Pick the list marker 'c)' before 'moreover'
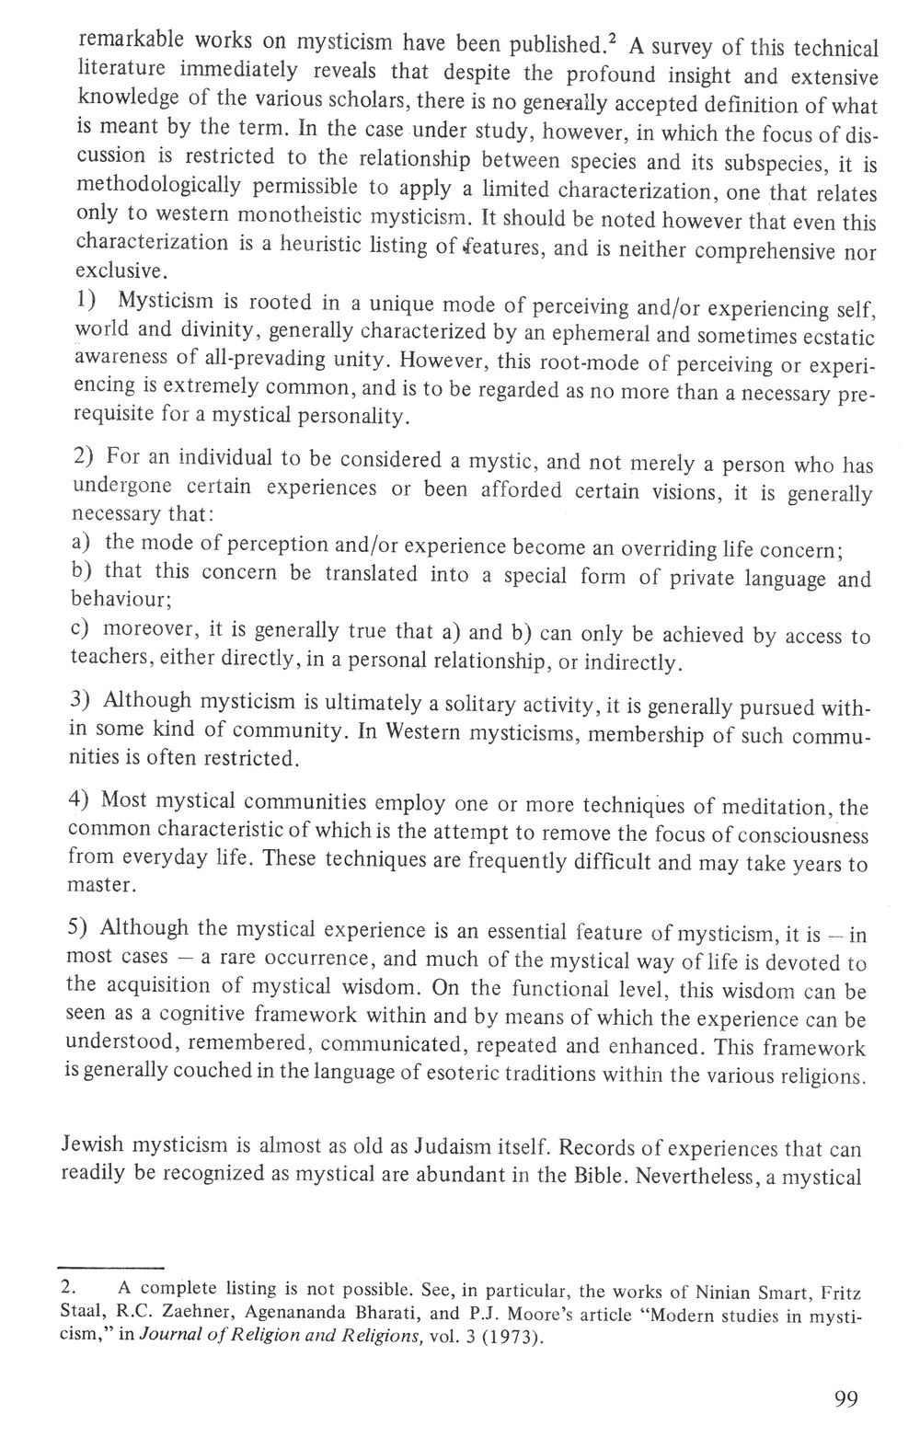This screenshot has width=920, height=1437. pos(78,630)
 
